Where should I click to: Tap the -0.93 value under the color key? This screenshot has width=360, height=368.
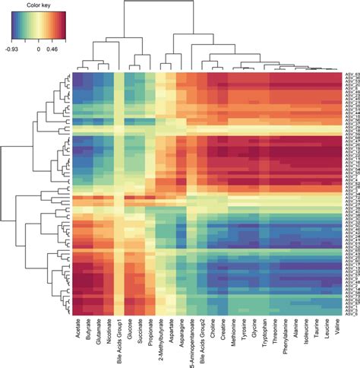coord(11,47)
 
